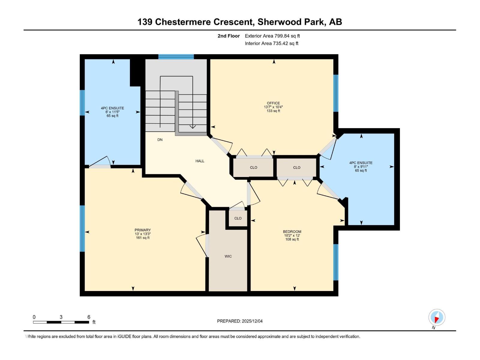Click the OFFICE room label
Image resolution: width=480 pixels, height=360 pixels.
tap(273, 103)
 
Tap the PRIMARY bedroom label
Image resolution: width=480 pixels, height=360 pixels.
tap(142, 230)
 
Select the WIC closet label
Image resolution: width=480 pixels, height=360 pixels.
tap(228, 256)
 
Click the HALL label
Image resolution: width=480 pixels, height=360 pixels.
tap(200, 161)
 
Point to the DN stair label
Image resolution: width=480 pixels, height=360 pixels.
tap(160, 140)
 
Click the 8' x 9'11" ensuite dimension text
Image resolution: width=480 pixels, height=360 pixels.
tap(361, 167)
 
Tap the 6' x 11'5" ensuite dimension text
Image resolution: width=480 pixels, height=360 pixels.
tap(112, 112)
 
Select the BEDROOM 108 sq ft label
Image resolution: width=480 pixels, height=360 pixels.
tap(292, 239)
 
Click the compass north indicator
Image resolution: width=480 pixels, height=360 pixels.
tap(437, 317)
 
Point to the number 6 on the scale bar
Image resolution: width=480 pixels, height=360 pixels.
tap(89, 317)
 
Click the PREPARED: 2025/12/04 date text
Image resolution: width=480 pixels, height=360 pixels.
tap(240, 321)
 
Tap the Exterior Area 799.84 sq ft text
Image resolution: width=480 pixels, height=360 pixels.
tap(272, 36)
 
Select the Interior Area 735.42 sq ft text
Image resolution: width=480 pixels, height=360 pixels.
tap(271, 43)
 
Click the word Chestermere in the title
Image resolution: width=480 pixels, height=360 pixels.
tap(183, 22)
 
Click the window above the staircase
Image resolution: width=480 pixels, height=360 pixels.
tap(176, 57)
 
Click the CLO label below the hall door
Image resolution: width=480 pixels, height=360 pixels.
tap(238, 218)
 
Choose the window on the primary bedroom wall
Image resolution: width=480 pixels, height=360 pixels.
tap(82, 228)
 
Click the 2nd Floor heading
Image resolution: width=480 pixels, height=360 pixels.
tap(229, 36)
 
